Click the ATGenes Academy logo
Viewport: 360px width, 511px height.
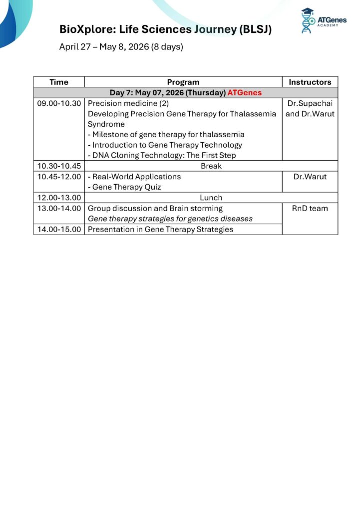pyautogui.click(x=323, y=21)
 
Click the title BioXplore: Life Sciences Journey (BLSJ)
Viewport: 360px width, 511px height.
pyautogui.click(x=165, y=29)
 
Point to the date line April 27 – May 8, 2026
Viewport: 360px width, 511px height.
pyautogui.click(x=121, y=47)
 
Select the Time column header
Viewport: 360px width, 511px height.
pyautogui.click(x=59, y=82)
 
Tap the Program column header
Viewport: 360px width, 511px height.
pyautogui.click(x=183, y=82)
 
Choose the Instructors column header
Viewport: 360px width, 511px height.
pyautogui.click(x=310, y=82)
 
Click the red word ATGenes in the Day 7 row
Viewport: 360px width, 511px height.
pyautogui.click(x=245, y=93)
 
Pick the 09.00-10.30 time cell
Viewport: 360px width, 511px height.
pyautogui.click(x=59, y=103)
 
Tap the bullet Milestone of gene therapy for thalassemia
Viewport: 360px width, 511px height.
pyautogui.click(x=166, y=135)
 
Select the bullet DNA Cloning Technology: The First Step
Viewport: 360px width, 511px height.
pyautogui.click(x=162, y=155)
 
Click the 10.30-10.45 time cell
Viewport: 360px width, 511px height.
pyautogui.click(x=59, y=166)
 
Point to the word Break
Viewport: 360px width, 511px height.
pyautogui.click(x=211, y=166)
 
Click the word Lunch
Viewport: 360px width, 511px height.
pyautogui.click(x=211, y=198)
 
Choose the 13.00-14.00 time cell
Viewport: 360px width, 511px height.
pyautogui.click(x=59, y=208)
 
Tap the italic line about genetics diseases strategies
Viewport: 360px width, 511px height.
pyautogui.click(x=170, y=219)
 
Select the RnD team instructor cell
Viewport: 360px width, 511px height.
pyautogui.click(x=310, y=208)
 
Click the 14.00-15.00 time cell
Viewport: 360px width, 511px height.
pyautogui.click(x=59, y=230)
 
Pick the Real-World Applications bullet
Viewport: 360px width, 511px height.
pyautogui.click(x=134, y=177)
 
